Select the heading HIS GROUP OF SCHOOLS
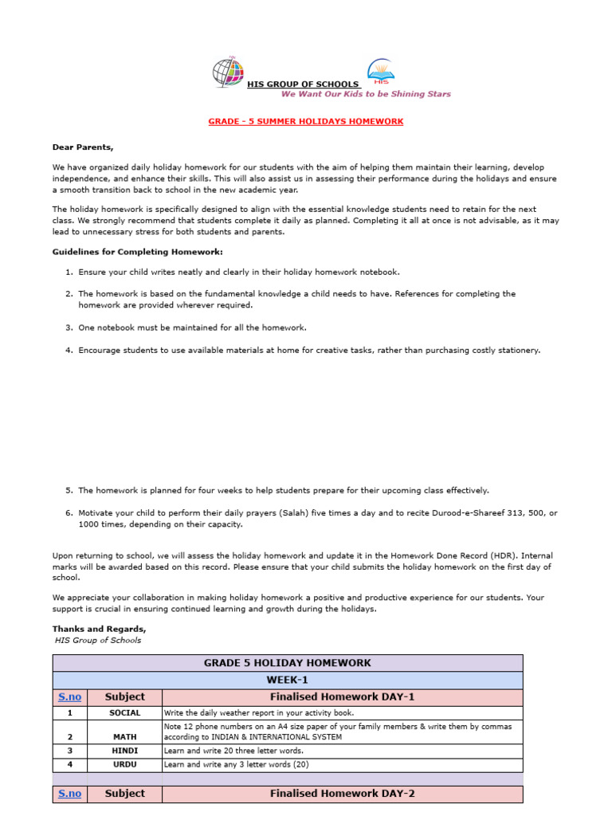(303, 84)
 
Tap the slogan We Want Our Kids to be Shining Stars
(366, 94)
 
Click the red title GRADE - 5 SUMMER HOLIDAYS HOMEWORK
(306, 121)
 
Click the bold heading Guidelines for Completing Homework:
(126, 252)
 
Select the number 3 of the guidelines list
(69, 328)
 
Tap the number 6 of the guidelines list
(69, 512)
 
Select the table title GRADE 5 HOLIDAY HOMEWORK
(288, 663)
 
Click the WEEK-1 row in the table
(288, 681)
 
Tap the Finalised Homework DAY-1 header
(342, 697)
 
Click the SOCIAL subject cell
(124, 713)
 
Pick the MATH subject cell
(124, 737)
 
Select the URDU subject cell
(124, 764)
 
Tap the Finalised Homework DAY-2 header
(342, 794)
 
